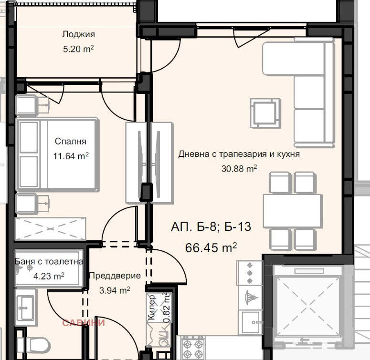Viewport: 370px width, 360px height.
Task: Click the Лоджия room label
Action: (79, 34)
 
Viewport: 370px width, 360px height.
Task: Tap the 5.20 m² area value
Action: (78, 49)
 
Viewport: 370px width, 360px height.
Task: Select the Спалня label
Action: (70, 141)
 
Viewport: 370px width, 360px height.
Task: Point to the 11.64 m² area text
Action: (71, 156)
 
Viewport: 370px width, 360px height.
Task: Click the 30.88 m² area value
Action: (239, 168)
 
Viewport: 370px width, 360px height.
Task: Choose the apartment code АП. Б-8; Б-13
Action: (211, 226)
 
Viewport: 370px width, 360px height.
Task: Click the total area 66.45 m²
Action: (211, 247)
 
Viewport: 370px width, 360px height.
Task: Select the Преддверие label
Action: (115, 276)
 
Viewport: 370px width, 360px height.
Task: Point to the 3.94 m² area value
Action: (115, 290)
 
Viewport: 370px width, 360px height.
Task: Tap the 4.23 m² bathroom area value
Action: (49, 276)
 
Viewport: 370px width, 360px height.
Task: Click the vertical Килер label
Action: (152, 307)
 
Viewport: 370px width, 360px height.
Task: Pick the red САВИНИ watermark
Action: (84, 323)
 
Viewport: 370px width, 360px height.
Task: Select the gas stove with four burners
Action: (193, 348)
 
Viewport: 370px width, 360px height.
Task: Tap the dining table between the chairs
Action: (293, 211)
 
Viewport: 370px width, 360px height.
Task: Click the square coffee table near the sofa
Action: (265, 113)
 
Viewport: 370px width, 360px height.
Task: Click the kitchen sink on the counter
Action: (250, 322)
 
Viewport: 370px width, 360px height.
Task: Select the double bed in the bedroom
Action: (57, 154)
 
